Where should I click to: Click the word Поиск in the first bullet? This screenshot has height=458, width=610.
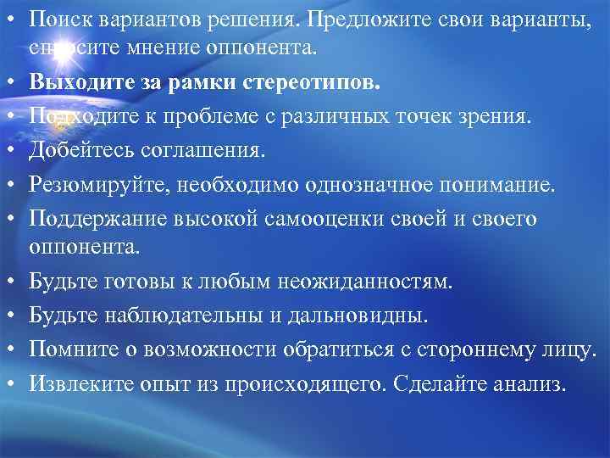click(57, 17)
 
